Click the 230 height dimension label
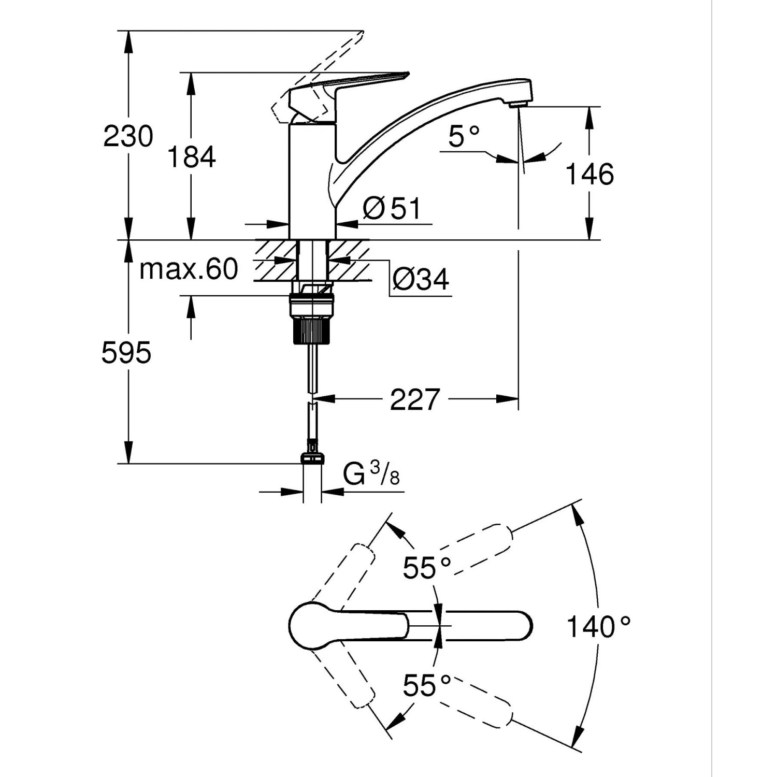pos(128,137)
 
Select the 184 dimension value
pos(191,156)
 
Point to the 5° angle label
pos(464,137)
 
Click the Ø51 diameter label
pos(392,209)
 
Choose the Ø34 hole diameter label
pos(421,280)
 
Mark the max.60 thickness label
pos(189,269)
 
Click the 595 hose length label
pos(126,353)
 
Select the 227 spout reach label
pos(414,399)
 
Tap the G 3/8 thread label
pos(371,474)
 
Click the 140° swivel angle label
pos(598,626)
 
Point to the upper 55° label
pos(427,568)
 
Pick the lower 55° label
pos(427,686)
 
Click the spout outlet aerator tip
pos(517,105)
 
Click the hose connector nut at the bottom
pos(312,458)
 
